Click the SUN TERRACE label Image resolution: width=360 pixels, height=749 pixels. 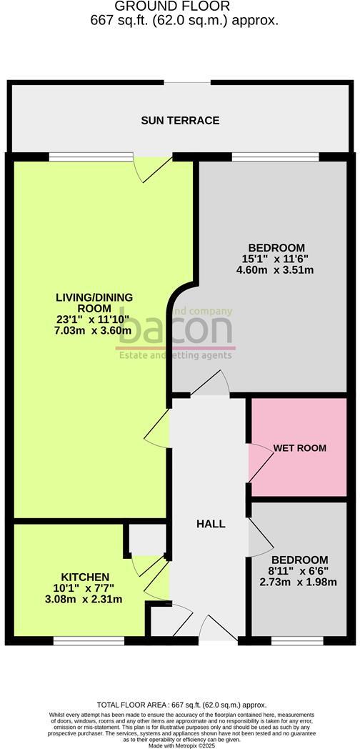tap(179, 120)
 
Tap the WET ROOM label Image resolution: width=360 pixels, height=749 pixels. tap(299, 448)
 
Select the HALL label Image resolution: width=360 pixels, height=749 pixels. tap(211, 524)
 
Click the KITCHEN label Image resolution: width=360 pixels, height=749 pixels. tap(85, 577)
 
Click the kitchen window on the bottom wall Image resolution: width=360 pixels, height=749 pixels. tap(79, 640)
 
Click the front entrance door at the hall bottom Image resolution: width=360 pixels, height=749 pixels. tap(216, 629)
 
